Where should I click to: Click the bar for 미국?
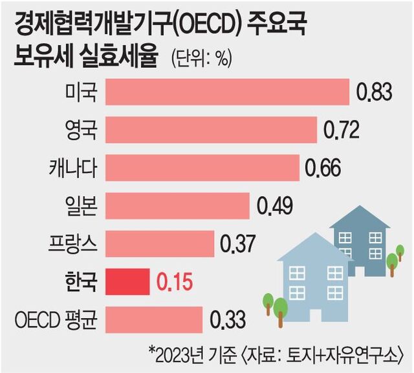click(226, 92)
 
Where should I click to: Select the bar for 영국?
click(210, 130)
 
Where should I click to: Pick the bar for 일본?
click(177, 206)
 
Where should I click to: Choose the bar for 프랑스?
click(159, 243)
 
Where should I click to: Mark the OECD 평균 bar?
click(153, 319)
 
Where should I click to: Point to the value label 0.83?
click(374, 93)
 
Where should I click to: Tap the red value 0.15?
click(175, 282)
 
